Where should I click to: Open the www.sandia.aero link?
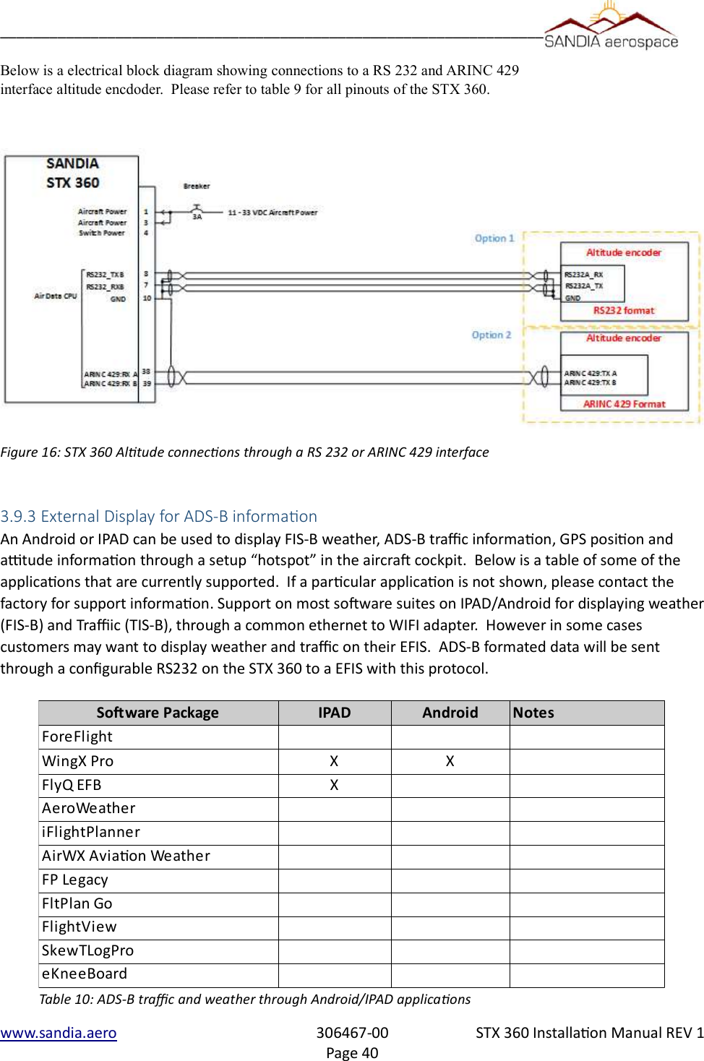(x=59, y=1033)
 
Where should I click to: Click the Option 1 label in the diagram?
(x=494, y=238)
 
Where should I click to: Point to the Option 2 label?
(x=491, y=335)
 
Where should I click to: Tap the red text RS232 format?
(x=624, y=310)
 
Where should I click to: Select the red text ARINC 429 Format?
(x=624, y=404)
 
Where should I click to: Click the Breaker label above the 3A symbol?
(x=197, y=186)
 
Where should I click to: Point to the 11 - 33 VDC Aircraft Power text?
(x=272, y=212)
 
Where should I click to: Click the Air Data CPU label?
(x=55, y=296)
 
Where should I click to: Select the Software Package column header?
(x=158, y=713)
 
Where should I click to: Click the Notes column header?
(x=533, y=713)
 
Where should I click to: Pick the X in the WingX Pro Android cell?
(x=450, y=761)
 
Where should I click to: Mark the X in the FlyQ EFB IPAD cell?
(x=334, y=785)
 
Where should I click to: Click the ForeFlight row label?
(x=77, y=736)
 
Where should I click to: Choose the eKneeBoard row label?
(x=85, y=974)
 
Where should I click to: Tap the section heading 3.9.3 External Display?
(x=159, y=516)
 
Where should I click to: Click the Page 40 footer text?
(x=352, y=1053)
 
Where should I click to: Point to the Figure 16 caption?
(x=244, y=452)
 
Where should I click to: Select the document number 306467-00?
(x=352, y=1033)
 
